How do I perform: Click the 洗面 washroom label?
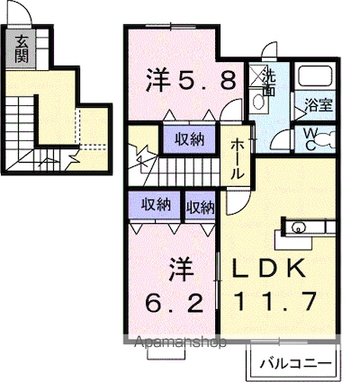click(267, 83)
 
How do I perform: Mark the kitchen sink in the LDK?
click(299, 226)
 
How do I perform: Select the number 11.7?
click(274, 300)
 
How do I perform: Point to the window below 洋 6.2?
click(163, 351)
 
